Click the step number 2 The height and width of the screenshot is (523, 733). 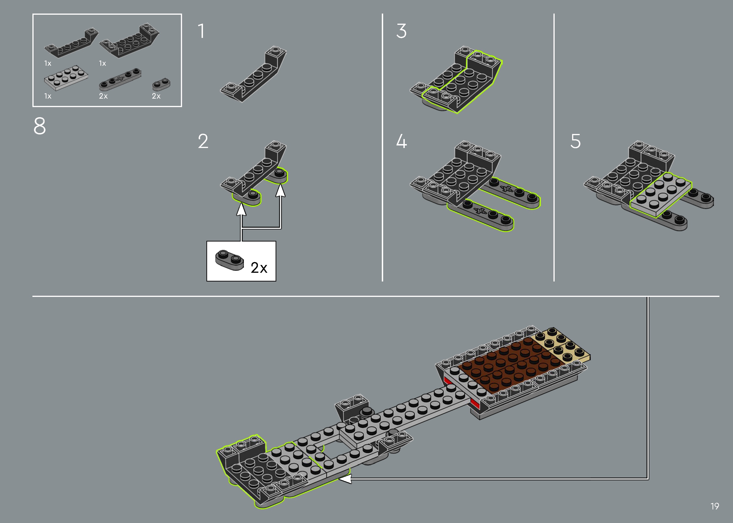[203, 141]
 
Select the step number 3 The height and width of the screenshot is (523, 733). [401, 31]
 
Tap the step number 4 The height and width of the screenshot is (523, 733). [401, 141]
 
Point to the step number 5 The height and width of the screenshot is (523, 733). [576, 141]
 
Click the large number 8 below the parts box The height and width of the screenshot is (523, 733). [40, 126]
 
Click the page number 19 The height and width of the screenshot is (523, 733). [715, 506]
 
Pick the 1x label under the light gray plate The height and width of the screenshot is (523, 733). [48, 96]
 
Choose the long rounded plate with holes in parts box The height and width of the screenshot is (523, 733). [120, 79]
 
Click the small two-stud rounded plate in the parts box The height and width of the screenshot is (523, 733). [161, 84]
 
